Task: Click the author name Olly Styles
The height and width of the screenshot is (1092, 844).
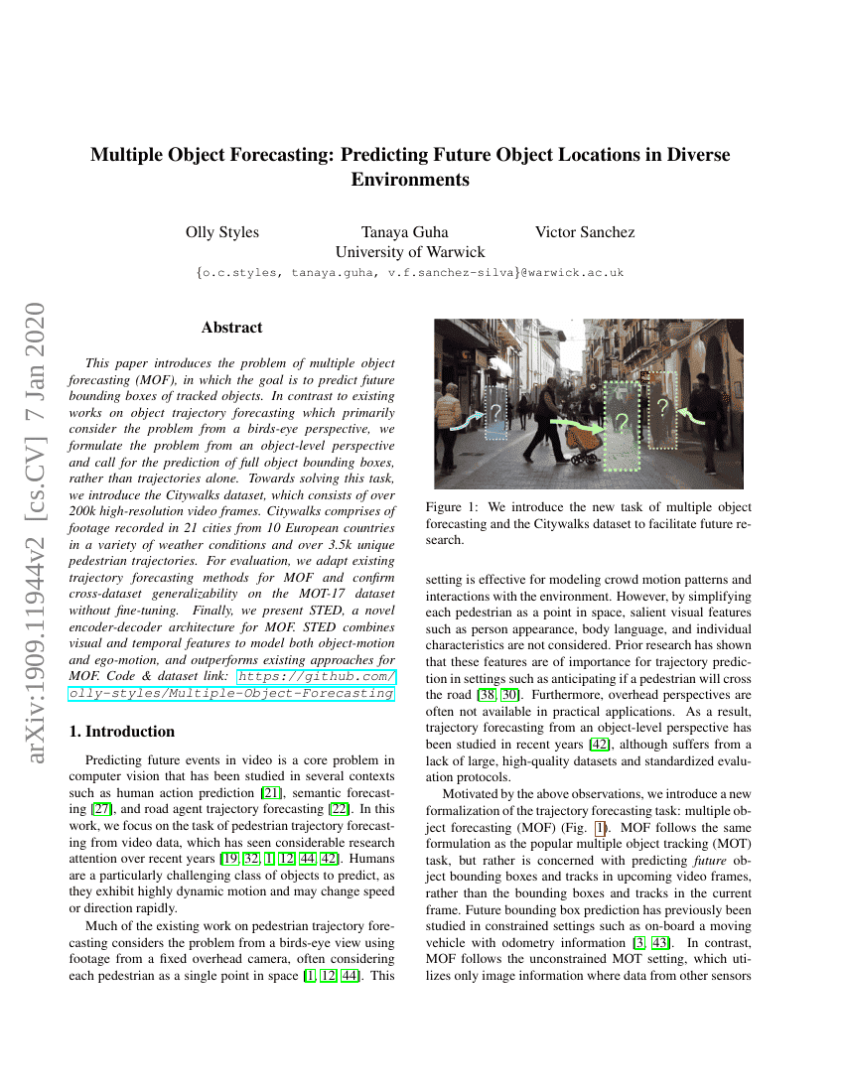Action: tap(222, 232)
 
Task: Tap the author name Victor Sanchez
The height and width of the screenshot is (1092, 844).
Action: tap(585, 232)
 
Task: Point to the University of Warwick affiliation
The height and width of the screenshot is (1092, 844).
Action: tap(410, 251)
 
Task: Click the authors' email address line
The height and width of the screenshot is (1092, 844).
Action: tap(410, 272)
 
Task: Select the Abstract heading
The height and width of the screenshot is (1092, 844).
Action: tap(231, 327)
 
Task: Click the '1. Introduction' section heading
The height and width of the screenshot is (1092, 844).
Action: tap(122, 732)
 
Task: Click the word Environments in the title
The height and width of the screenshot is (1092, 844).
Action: tap(410, 180)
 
